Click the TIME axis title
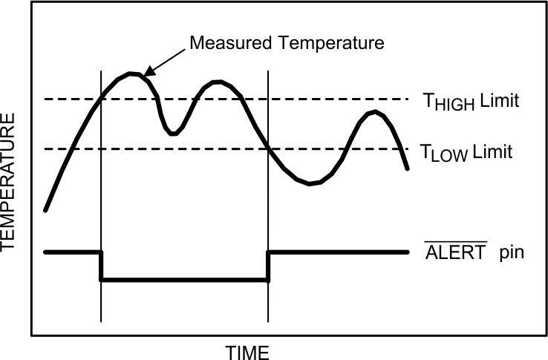coord(247,350)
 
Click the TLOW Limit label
coord(466,153)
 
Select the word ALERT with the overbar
coord(455,252)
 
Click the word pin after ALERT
coord(510,252)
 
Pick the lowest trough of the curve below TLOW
coord(312,183)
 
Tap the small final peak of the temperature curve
coord(376,112)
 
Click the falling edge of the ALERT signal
coord(101,266)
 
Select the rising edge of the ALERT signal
coord(268,266)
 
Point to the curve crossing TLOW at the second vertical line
coord(268,148)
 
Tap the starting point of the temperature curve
coord(46,210)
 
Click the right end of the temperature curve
coord(408,169)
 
